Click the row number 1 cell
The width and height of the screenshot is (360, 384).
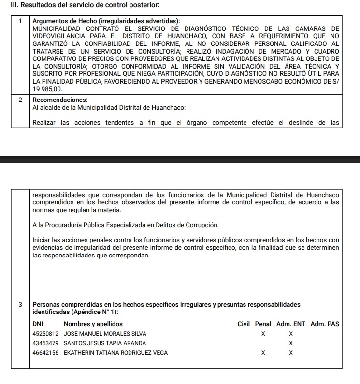[20, 21]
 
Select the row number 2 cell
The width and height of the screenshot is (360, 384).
[20, 99]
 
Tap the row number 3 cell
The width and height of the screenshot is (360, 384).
[20, 305]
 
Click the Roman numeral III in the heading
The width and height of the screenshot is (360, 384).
[7, 5]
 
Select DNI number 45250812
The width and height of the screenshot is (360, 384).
[45, 334]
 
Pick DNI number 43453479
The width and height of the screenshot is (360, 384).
[45, 343]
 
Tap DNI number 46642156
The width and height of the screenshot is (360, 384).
[45, 353]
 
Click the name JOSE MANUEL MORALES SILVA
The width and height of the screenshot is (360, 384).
[105, 334]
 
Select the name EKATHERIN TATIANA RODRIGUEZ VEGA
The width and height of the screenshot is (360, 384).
[116, 353]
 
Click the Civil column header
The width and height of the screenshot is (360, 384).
[244, 324]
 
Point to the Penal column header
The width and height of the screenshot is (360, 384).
[263, 324]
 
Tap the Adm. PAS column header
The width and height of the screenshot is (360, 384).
[325, 324]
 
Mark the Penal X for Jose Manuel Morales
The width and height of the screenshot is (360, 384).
[263, 334]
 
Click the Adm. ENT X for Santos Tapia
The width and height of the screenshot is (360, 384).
[291, 343]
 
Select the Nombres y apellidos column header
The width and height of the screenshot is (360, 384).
[93, 324]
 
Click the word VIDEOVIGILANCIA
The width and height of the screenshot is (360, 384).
[61, 36]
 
